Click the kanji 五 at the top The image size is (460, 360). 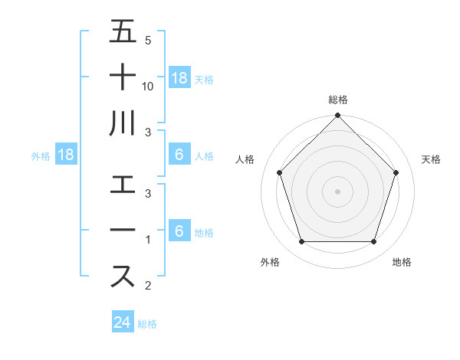click(x=123, y=32)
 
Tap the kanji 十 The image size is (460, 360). click(x=123, y=77)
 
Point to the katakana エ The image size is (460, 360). click(x=123, y=185)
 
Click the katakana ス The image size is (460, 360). click(x=123, y=275)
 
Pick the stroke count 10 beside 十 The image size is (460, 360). click(x=148, y=87)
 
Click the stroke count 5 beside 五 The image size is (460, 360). click(x=148, y=41)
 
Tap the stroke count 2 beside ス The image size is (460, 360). click(x=148, y=286)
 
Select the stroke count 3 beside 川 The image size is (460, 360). click(x=148, y=133)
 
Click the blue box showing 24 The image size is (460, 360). click(x=123, y=322)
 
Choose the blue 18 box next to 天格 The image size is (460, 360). click(x=179, y=77)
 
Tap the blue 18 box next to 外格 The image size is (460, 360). click(x=66, y=155)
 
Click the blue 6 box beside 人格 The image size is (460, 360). click(x=179, y=155)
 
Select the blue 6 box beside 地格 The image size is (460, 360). click(x=179, y=231)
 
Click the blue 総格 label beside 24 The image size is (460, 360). click(x=147, y=324)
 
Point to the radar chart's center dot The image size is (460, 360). click(x=337, y=191)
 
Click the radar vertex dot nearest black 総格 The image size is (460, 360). click(x=337, y=116)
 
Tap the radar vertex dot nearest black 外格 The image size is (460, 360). click(x=301, y=242)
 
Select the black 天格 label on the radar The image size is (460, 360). click(x=431, y=159)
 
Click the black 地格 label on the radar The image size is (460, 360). click(x=402, y=262)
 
